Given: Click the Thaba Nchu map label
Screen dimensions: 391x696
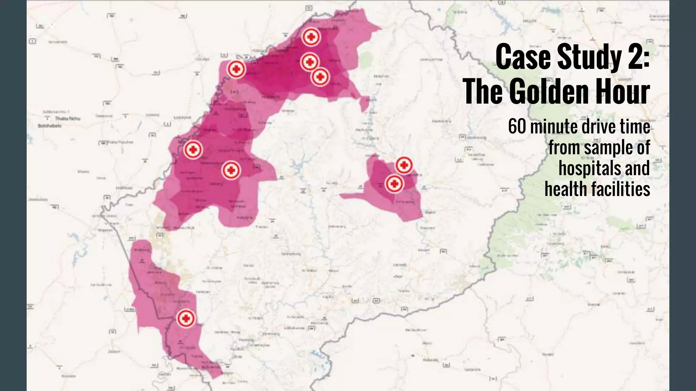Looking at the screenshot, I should [x=68, y=118].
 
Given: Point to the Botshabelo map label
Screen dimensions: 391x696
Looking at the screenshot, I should [x=50, y=126].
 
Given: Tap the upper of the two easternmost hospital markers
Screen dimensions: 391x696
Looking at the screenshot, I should [x=404, y=165].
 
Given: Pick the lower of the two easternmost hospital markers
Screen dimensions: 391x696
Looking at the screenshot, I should [x=394, y=184].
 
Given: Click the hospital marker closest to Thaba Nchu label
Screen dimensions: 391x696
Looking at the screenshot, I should [x=193, y=149].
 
